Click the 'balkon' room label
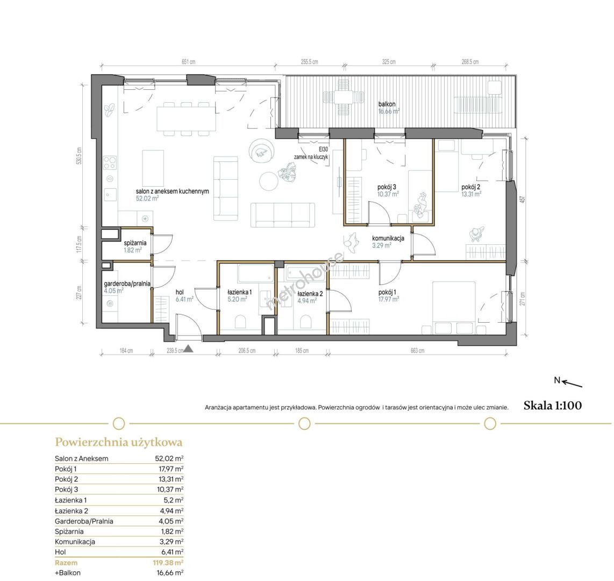[387, 104]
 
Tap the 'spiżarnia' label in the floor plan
[135, 243]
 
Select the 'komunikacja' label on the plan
[388, 238]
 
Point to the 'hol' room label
[180, 292]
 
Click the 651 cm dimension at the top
[188, 62]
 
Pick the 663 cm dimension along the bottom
[417, 351]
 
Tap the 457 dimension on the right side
[522, 200]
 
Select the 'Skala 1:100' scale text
[553, 406]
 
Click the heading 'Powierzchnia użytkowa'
[119, 442]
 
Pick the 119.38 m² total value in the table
[168, 563]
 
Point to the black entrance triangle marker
[188, 348]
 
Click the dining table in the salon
[187, 119]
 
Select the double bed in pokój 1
[454, 307]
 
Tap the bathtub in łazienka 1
[256, 273]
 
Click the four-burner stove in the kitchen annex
[110, 162]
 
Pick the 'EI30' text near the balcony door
[323, 149]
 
